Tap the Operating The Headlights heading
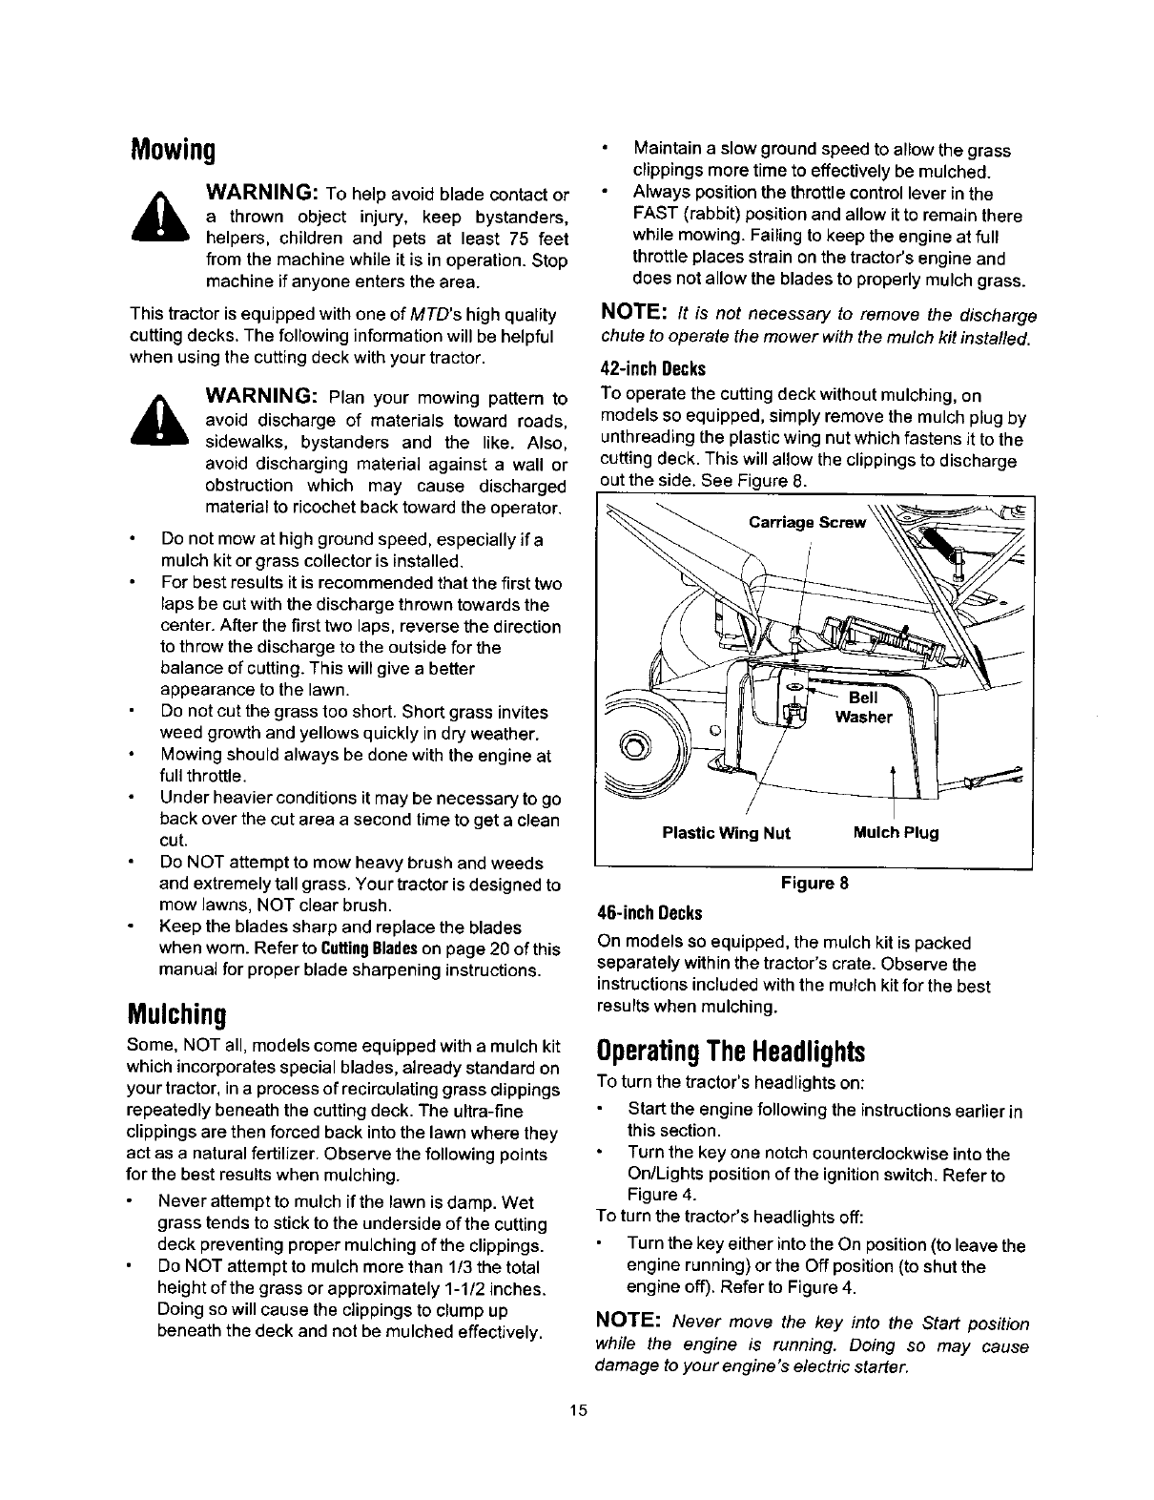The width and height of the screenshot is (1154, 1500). pos(731,1052)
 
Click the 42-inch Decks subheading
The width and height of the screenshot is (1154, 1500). pos(652,369)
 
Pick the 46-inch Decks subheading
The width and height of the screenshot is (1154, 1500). pos(652,910)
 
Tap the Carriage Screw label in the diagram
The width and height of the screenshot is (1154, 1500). pos(808,522)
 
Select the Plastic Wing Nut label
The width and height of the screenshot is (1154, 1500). pos(726,833)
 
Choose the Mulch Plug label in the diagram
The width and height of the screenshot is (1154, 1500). pos(896,833)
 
